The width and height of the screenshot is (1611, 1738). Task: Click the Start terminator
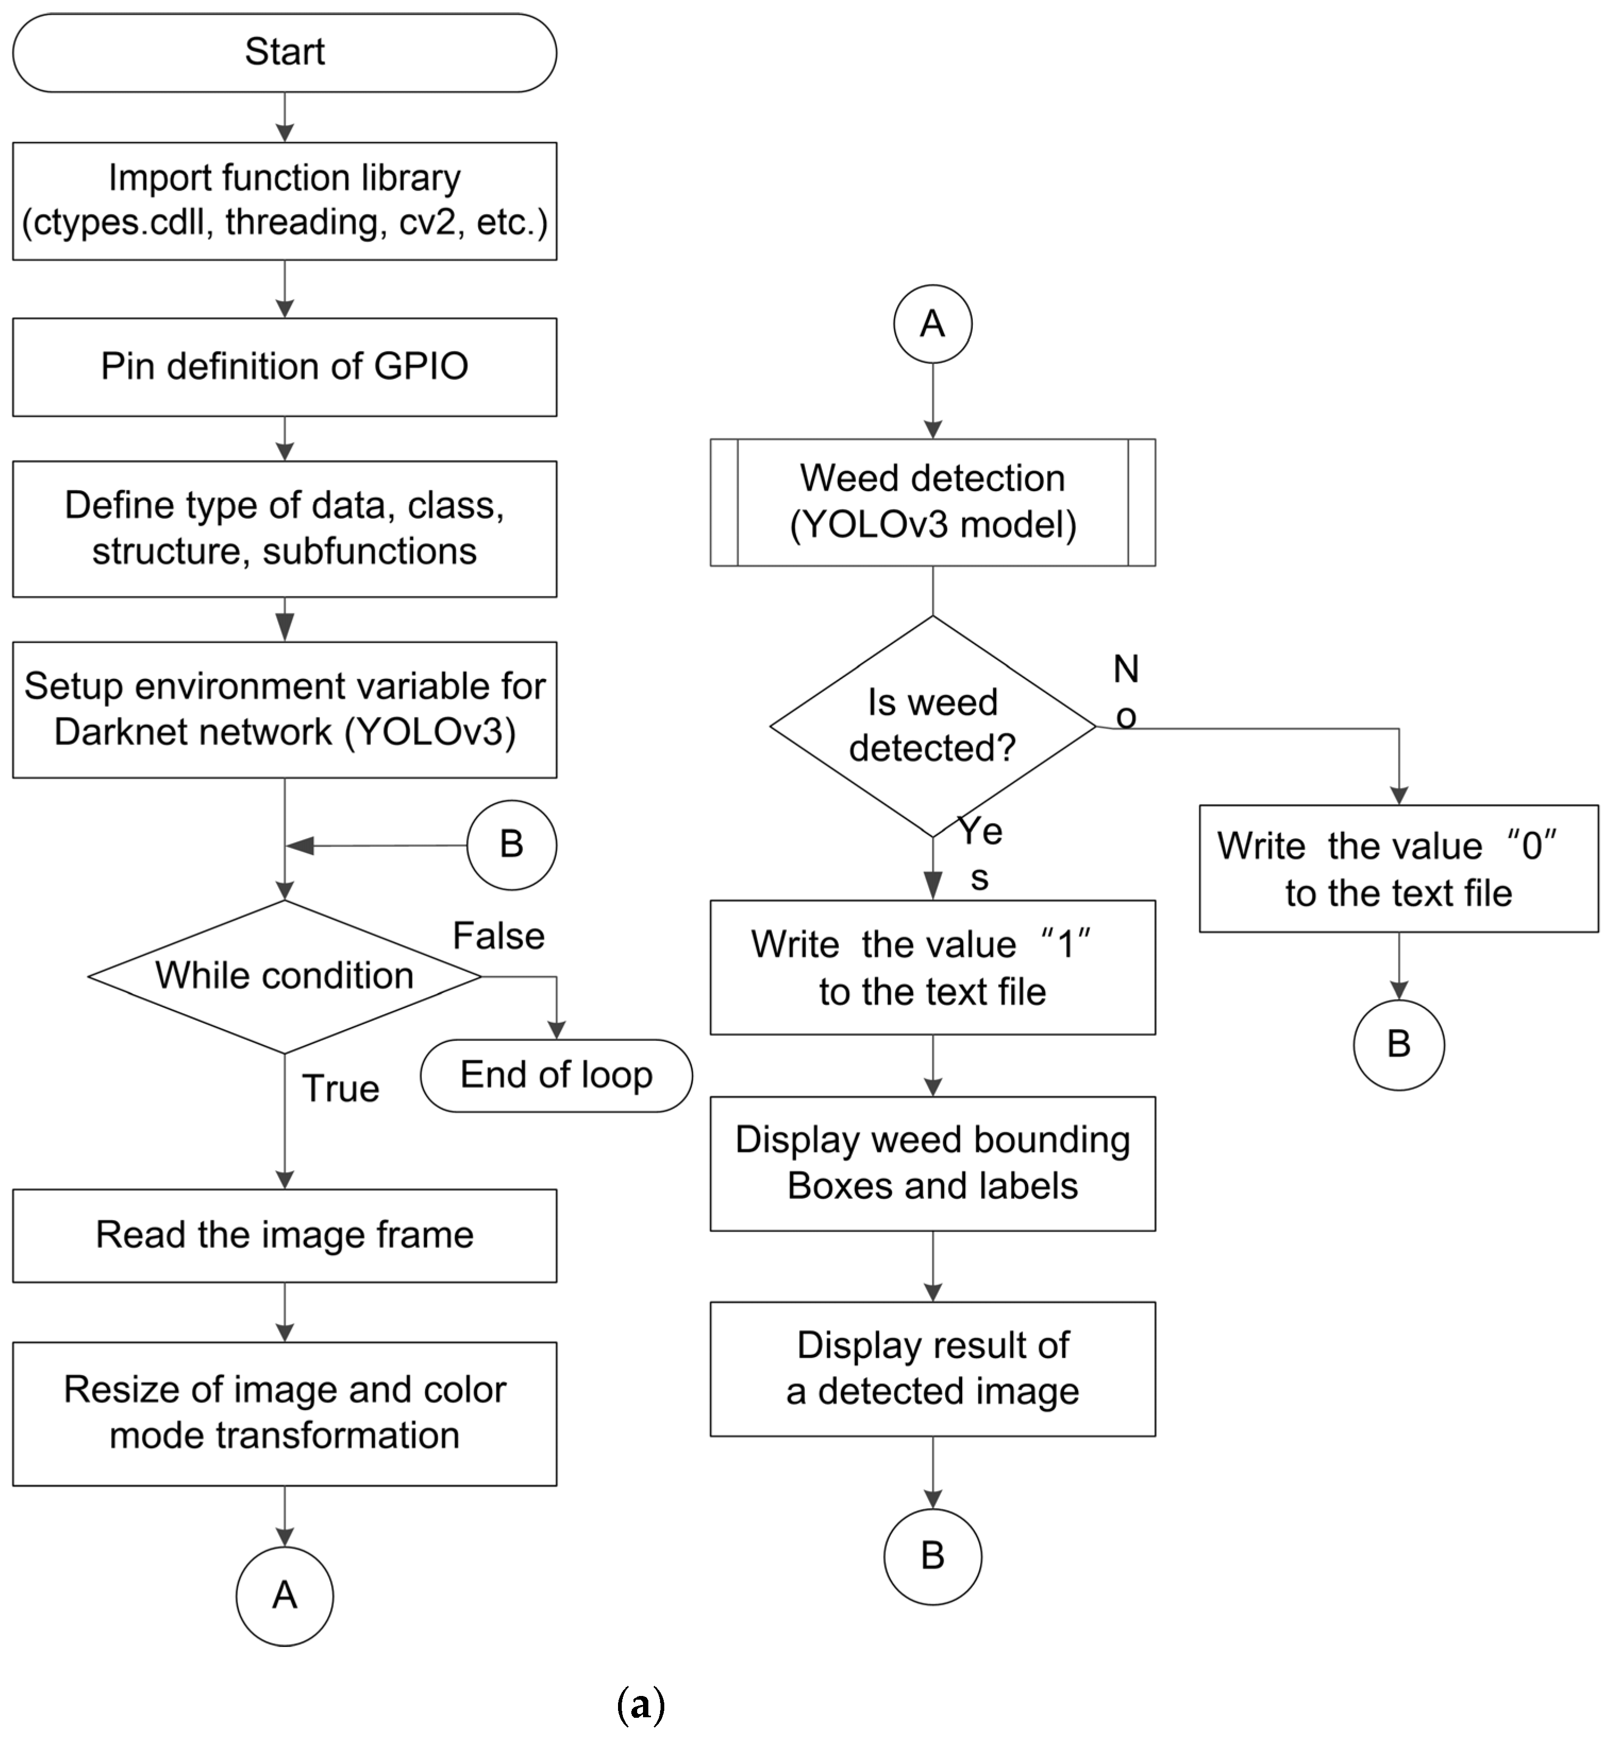tap(284, 52)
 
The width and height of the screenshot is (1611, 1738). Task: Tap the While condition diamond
tap(284, 976)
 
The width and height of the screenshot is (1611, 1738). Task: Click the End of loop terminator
tap(556, 1075)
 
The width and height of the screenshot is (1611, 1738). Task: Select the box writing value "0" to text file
tap(1398, 868)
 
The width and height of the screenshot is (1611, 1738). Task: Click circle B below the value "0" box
tap(1398, 1044)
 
